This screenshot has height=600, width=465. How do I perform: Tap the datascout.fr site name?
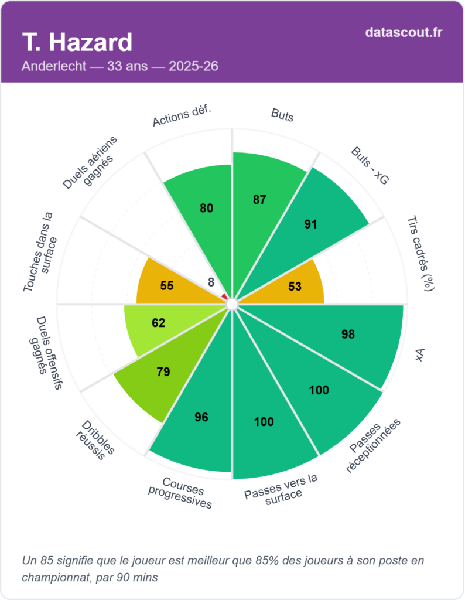tap(404, 32)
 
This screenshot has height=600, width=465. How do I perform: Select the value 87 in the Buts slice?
tap(259, 200)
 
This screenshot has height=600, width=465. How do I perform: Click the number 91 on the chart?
tap(311, 224)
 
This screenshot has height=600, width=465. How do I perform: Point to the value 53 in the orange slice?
tap(295, 286)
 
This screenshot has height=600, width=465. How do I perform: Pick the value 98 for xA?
tap(348, 335)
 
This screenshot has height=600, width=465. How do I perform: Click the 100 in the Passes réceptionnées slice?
tap(319, 390)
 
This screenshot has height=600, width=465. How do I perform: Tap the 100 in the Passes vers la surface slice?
tap(264, 421)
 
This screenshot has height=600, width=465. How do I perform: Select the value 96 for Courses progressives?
tap(201, 417)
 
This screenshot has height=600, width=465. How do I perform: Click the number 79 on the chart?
tap(163, 371)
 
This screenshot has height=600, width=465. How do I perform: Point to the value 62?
tap(158, 323)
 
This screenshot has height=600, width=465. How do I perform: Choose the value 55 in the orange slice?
tap(167, 285)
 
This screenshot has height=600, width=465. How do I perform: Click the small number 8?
tap(211, 282)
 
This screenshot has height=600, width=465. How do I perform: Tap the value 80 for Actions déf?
tap(206, 208)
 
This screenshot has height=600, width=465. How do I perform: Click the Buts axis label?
tap(282, 115)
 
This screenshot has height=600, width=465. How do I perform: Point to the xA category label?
tap(419, 354)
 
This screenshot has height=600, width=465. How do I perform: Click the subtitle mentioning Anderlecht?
tap(120, 66)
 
